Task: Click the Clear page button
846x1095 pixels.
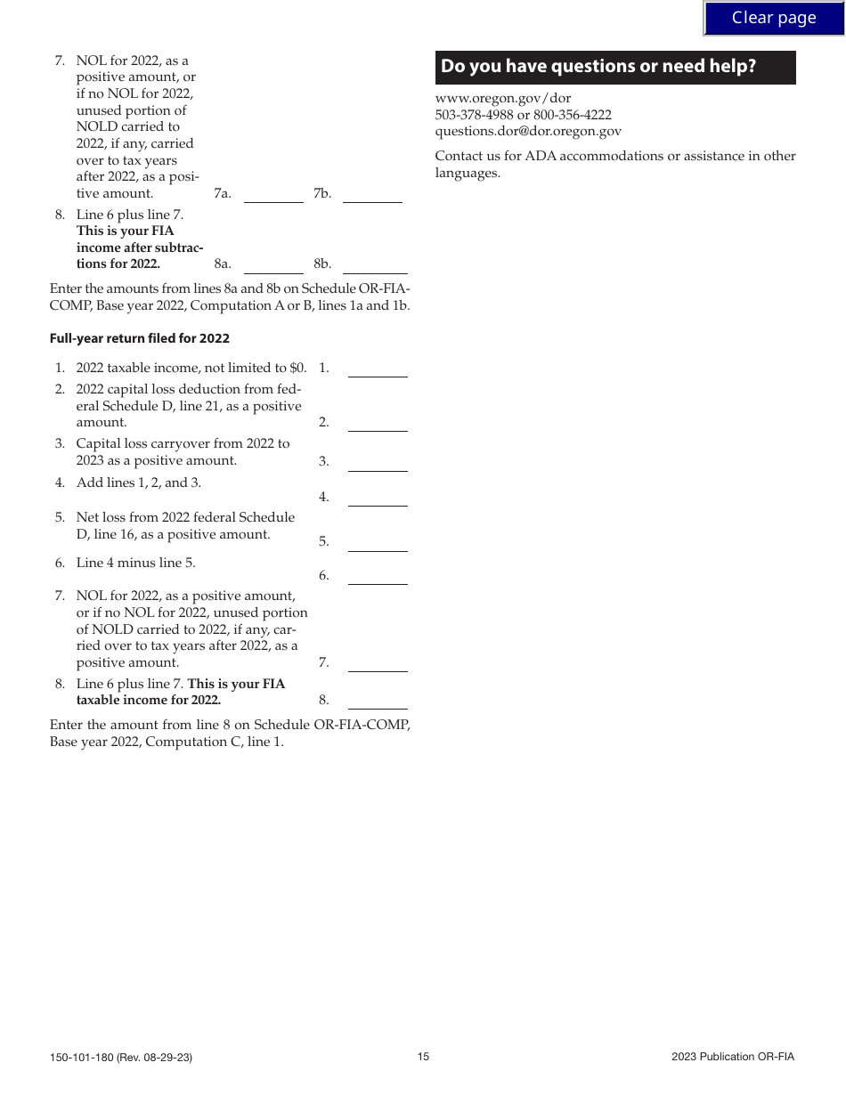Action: (773, 18)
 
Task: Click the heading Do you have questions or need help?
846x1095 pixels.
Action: (598, 67)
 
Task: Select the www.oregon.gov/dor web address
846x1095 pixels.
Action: (503, 98)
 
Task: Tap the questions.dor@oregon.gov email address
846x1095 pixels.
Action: (528, 131)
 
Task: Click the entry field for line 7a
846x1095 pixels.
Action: (273, 193)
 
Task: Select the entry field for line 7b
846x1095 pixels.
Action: (372, 193)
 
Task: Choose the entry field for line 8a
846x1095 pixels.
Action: (273, 264)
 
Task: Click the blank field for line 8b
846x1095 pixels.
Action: (374, 264)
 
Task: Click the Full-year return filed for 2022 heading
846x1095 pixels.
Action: (140, 338)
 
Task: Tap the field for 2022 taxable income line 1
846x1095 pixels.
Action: (377, 368)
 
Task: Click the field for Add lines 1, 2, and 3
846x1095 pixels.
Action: (377, 497)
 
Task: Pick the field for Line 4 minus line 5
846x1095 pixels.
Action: (377, 575)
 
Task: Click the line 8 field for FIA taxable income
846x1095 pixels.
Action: (377, 700)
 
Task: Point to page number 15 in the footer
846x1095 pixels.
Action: (423, 1057)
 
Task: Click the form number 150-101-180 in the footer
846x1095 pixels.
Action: (120, 1058)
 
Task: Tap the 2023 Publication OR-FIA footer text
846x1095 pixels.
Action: (732, 1057)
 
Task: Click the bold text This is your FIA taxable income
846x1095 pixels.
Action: (236, 684)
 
